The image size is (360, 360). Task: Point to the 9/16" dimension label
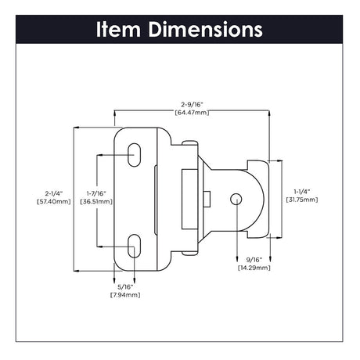point(253,260)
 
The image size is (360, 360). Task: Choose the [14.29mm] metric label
point(253,268)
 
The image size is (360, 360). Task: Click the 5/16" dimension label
point(124,286)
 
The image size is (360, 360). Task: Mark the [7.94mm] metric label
point(124,295)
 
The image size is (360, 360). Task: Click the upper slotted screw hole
point(134,155)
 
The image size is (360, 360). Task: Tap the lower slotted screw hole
point(134,244)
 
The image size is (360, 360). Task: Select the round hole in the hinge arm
point(236,200)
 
